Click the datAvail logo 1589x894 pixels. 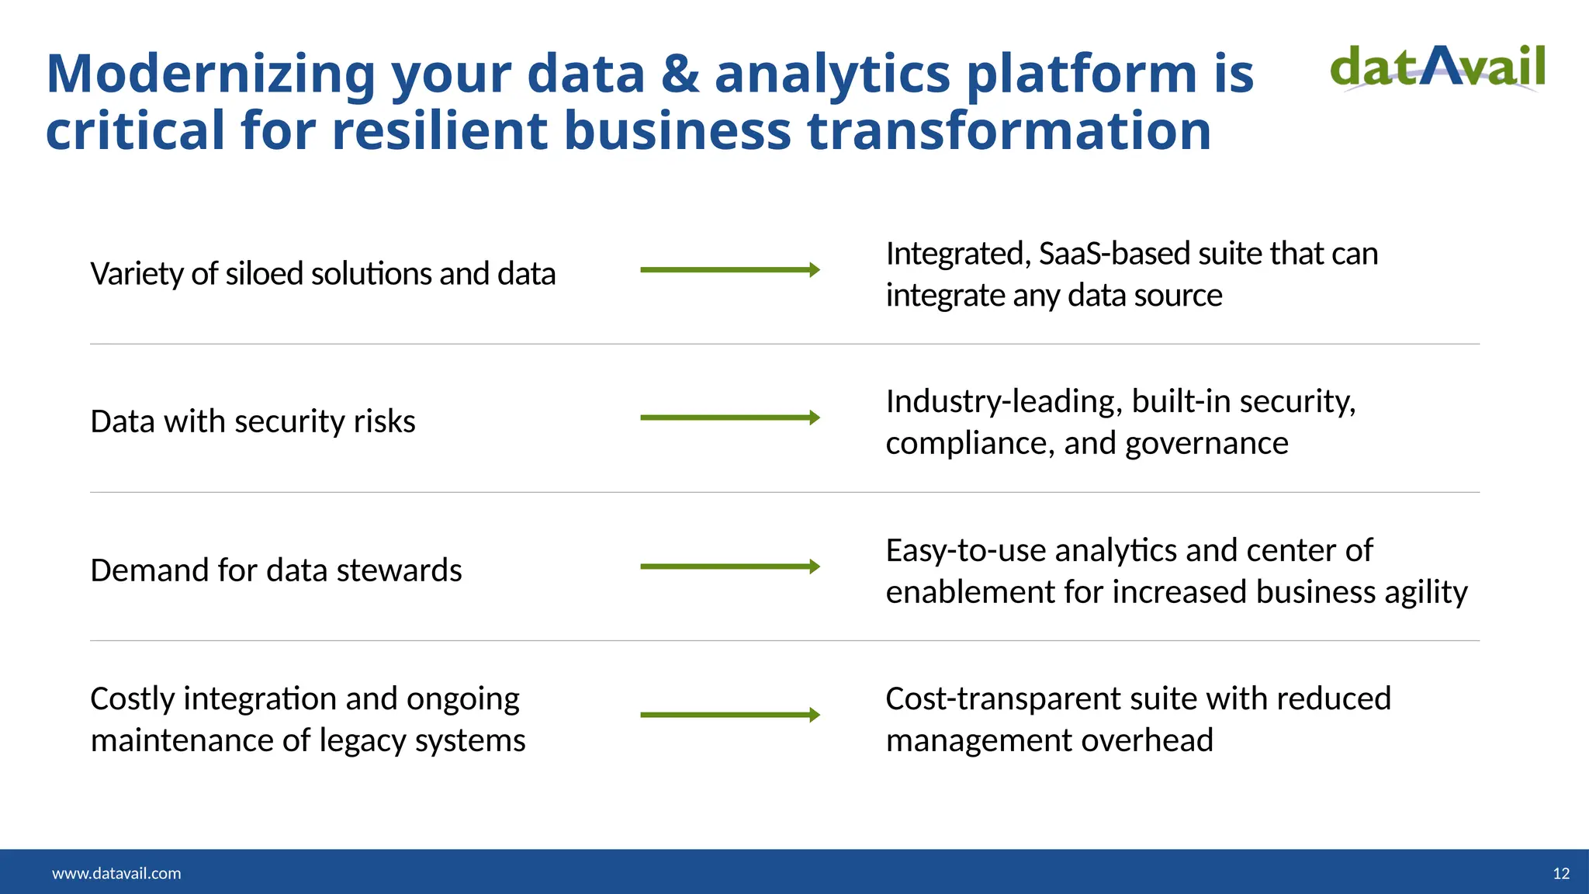pyautogui.click(x=1438, y=68)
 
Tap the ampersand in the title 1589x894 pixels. pyautogui.click(x=680, y=74)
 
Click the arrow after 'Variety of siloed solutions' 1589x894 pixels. pyautogui.click(x=729, y=270)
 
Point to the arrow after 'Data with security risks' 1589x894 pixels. pyautogui.click(x=729, y=418)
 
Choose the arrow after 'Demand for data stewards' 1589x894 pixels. pyautogui.click(x=729, y=567)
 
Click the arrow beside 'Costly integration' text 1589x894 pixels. pyautogui.click(x=729, y=715)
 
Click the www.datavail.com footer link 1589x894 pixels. pyautogui.click(x=116, y=874)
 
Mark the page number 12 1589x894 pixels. pyautogui.click(x=1561, y=874)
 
